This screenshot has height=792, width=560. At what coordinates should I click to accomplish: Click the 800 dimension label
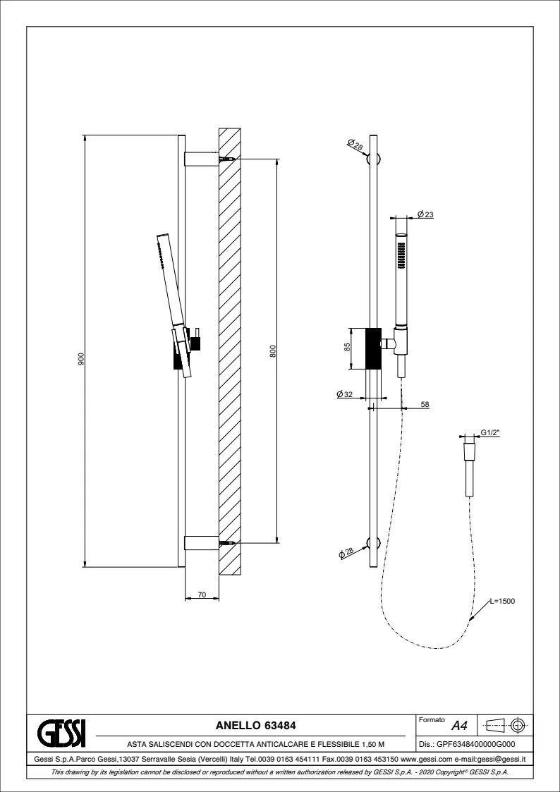(x=273, y=351)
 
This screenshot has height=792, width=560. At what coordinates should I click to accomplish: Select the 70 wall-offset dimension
(x=202, y=595)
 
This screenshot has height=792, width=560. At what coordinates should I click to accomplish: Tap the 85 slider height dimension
(x=348, y=348)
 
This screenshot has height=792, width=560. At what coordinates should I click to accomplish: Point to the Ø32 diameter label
(x=345, y=394)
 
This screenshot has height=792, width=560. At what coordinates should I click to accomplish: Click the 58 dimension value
(x=425, y=404)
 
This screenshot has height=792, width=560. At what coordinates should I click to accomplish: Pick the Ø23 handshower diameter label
(x=426, y=214)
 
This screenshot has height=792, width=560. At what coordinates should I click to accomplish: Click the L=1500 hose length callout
(x=502, y=601)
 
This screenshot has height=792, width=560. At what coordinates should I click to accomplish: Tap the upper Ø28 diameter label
(x=355, y=145)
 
